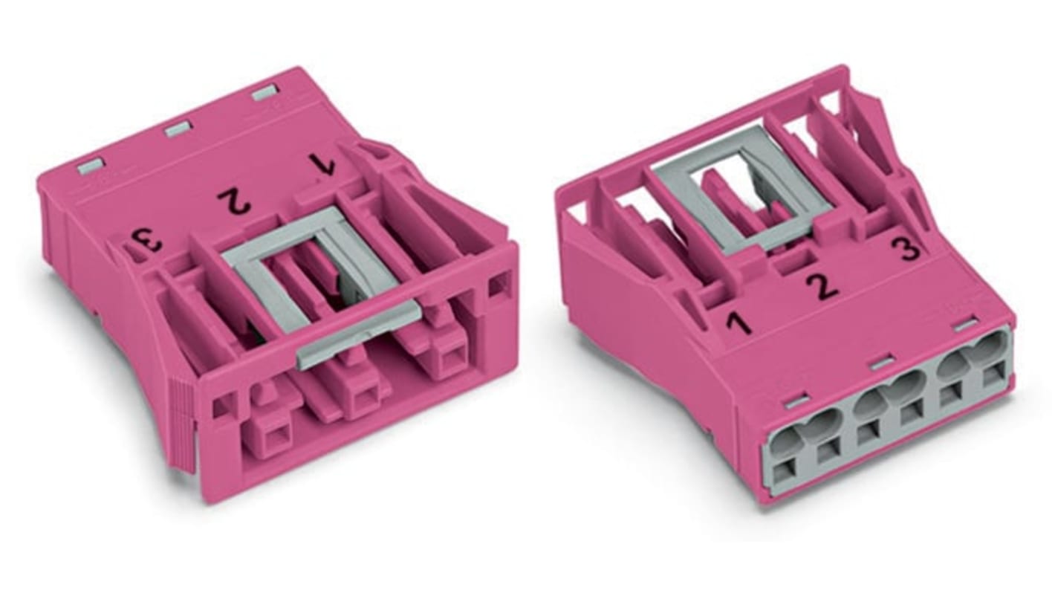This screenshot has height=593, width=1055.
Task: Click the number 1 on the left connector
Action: pyautogui.click(x=322, y=164)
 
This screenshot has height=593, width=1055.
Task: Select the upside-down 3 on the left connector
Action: pyautogui.click(x=147, y=242)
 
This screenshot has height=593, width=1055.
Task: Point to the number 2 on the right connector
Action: pyautogui.click(x=822, y=286)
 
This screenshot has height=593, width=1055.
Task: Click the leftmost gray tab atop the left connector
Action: pyautogui.click(x=91, y=165)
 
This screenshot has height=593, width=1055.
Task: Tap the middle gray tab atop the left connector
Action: pyautogui.click(x=178, y=129)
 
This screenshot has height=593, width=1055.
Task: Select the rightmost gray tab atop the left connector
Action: pyautogui.click(x=264, y=93)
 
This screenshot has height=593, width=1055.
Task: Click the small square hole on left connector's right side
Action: pyautogui.click(x=497, y=285)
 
